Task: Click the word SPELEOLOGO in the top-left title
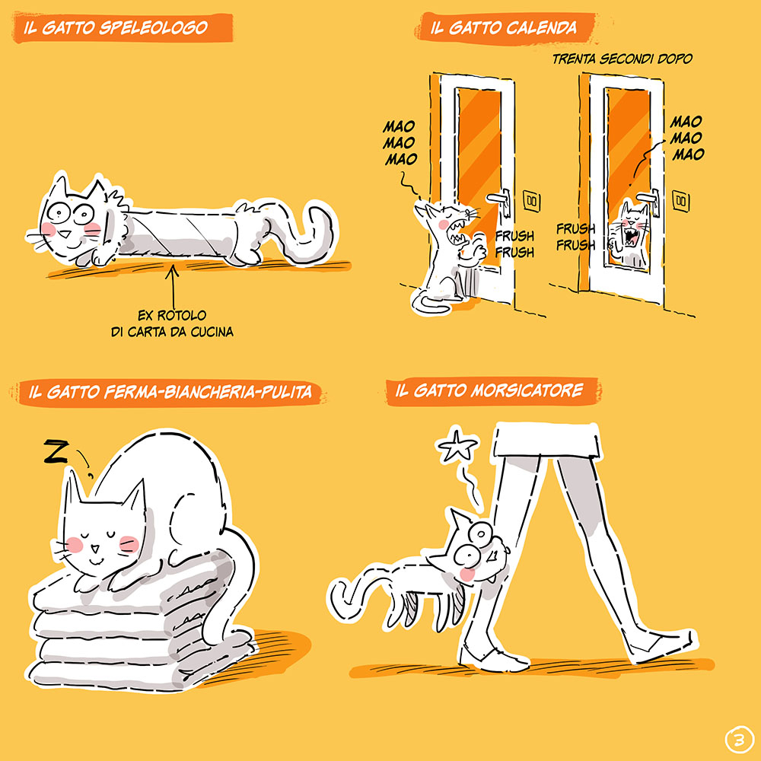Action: click(154, 27)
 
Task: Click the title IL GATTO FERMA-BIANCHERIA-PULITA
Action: click(170, 392)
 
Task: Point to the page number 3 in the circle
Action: click(738, 740)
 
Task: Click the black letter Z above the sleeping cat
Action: click(56, 451)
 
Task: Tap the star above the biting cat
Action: click(457, 444)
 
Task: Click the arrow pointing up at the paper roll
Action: click(172, 285)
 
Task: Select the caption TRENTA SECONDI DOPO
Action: click(622, 59)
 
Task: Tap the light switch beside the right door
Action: click(680, 200)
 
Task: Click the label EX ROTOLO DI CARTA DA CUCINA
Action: click(172, 323)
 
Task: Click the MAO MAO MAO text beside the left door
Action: click(400, 143)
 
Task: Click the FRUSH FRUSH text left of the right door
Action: click(575, 237)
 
